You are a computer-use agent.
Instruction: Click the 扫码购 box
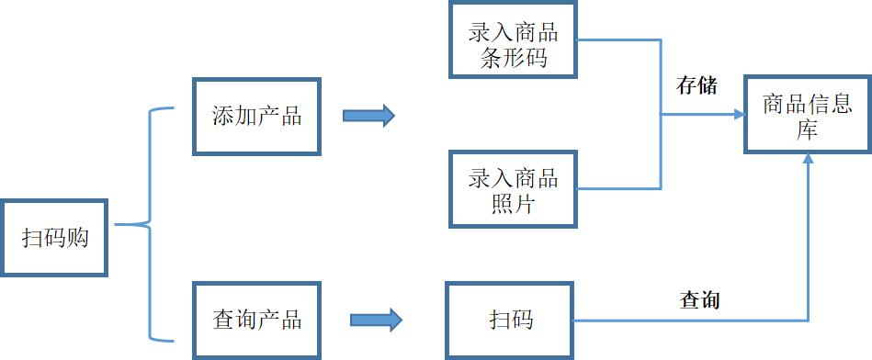(54, 238)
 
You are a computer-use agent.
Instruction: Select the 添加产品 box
(256, 117)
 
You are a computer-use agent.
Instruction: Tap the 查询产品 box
(256, 321)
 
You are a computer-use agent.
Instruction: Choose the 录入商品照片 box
(514, 189)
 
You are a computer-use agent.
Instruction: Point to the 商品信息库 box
(808, 116)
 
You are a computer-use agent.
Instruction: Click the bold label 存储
(696, 86)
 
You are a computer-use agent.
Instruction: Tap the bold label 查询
(699, 299)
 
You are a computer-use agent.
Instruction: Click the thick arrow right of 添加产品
(368, 116)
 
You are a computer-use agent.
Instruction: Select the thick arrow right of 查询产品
(376, 321)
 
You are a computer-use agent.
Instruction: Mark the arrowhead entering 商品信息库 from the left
(739, 115)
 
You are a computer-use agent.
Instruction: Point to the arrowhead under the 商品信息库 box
(808, 159)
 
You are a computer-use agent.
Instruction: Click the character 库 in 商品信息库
(808, 131)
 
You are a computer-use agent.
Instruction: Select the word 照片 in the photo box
(514, 204)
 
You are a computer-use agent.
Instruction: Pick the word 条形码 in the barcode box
(514, 58)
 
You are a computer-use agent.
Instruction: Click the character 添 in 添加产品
(221, 117)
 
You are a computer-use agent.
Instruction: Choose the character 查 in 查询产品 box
(221, 321)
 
